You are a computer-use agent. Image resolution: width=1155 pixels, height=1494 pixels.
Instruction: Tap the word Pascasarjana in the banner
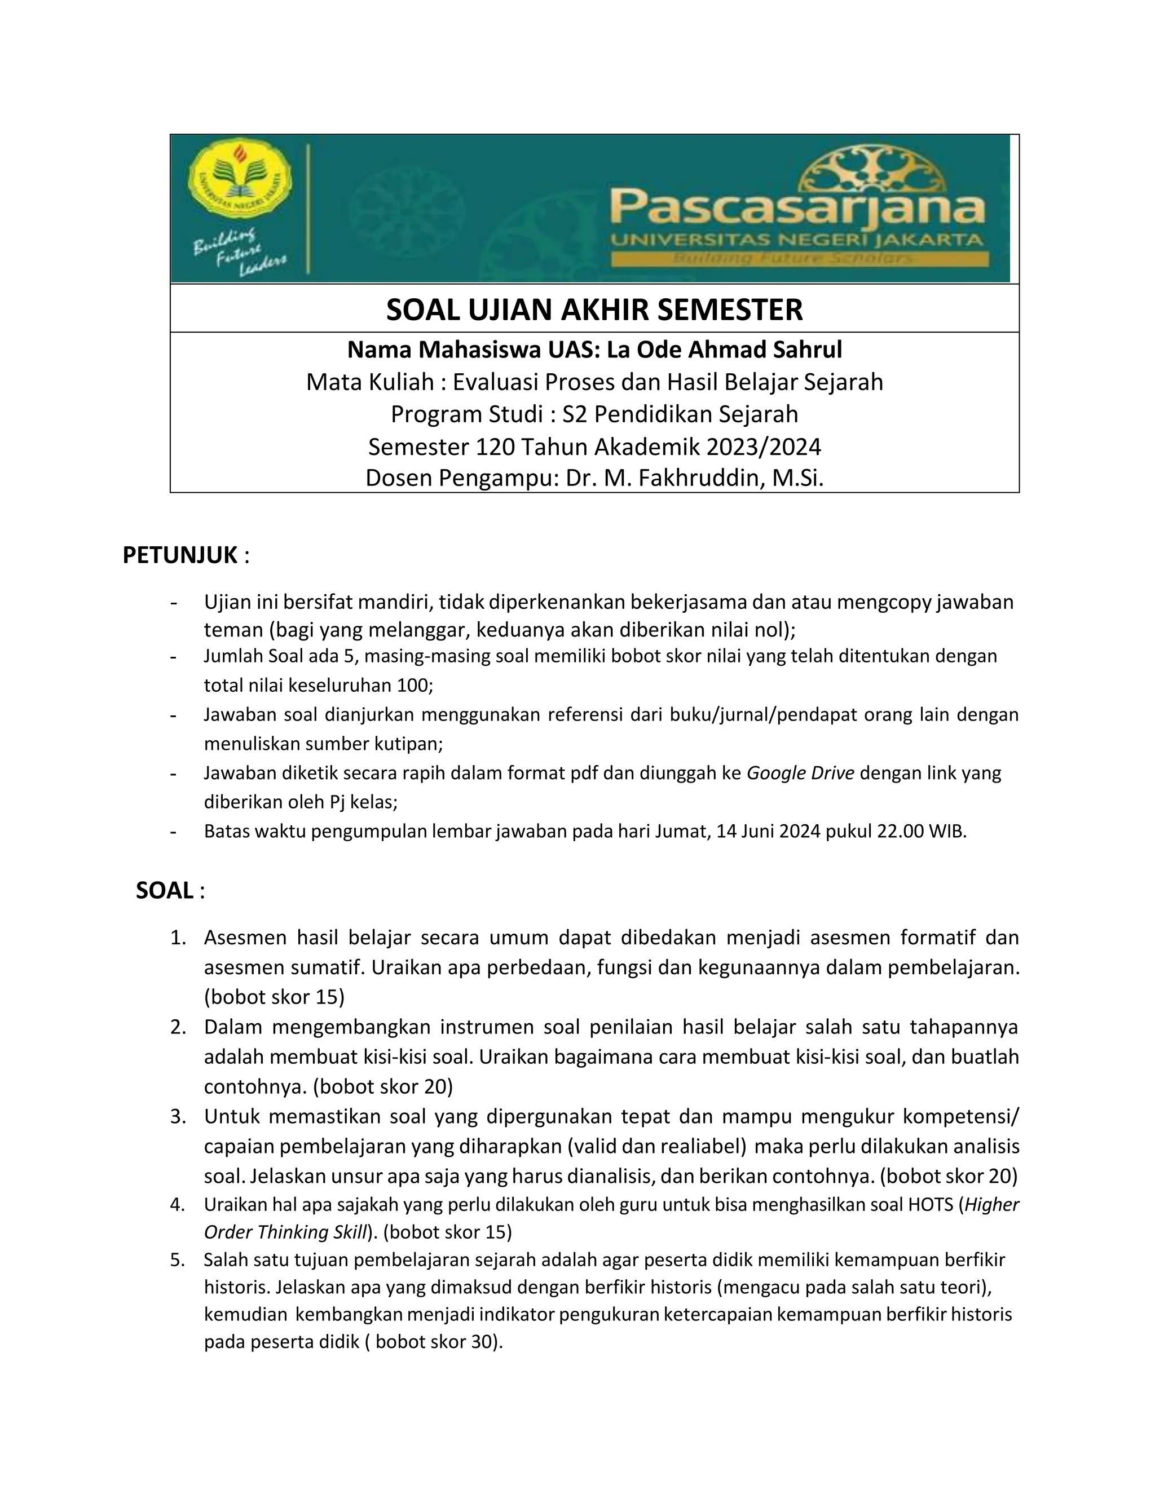coord(797,209)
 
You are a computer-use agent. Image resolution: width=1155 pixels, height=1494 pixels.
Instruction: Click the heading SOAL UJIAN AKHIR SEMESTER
coord(594,310)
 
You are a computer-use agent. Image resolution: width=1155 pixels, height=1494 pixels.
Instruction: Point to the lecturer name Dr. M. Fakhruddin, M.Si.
coord(694,478)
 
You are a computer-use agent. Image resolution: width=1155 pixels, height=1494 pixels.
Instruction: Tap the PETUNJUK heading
coord(180,555)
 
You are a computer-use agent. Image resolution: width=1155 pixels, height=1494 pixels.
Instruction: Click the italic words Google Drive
coord(800,773)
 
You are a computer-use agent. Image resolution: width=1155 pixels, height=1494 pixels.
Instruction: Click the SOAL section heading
coord(165,891)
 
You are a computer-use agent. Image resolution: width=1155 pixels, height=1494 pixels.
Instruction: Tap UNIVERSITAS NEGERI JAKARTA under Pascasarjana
coord(797,240)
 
